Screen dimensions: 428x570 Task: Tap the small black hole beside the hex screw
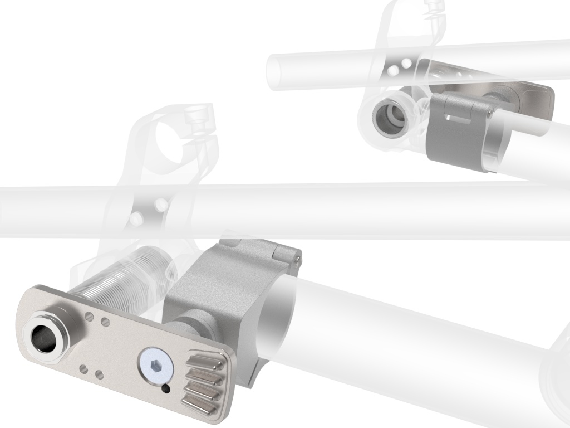[166, 388]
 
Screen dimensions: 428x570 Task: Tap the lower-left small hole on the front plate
[83, 367]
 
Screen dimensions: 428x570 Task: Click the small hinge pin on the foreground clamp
[299, 257]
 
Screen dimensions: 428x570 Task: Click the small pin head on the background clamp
[489, 113]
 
